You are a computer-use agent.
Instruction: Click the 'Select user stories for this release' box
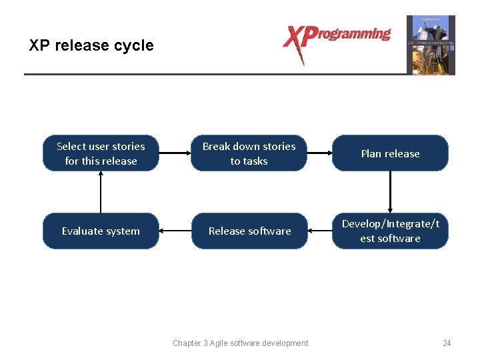click(x=101, y=153)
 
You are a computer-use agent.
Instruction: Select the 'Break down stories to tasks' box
click(x=249, y=153)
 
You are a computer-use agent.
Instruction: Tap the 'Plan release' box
click(x=390, y=153)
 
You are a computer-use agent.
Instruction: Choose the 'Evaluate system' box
click(x=101, y=231)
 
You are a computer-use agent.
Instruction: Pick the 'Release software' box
click(x=249, y=231)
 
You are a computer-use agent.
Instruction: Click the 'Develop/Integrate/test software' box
click(x=390, y=231)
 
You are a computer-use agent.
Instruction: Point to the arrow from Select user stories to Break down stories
click(x=175, y=153)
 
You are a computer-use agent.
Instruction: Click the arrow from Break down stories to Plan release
click(x=319, y=153)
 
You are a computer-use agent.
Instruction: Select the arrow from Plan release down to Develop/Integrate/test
click(x=390, y=192)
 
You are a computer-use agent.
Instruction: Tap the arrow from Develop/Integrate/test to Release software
click(x=319, y=231)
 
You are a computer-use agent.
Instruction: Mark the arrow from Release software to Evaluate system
click(x=175, y=231)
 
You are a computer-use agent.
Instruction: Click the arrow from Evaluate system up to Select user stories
click(x=101, y=192)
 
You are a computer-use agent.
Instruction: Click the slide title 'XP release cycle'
click(x=91, y=45)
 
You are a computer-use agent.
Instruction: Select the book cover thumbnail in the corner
click(x=431, y=45)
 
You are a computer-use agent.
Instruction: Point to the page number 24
click(x=447, y=343)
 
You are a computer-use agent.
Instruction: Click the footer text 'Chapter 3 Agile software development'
click(x=240, y=343)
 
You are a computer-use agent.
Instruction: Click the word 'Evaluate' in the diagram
click(x=81, y=231)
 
